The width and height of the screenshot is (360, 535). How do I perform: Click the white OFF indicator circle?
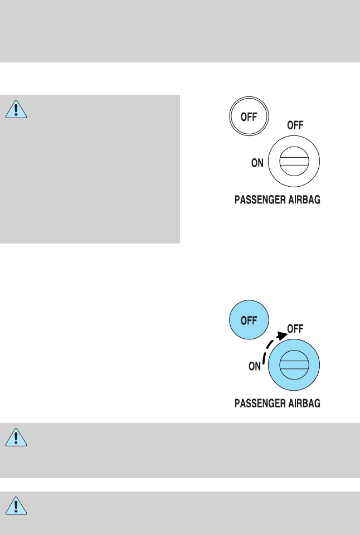pyautogui.click(x=249, y=118)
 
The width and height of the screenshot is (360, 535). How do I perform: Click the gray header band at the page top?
pyautogui.click(x=180, y=31)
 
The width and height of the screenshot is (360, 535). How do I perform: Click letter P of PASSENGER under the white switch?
pyautogui.click(x=236, y=199)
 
